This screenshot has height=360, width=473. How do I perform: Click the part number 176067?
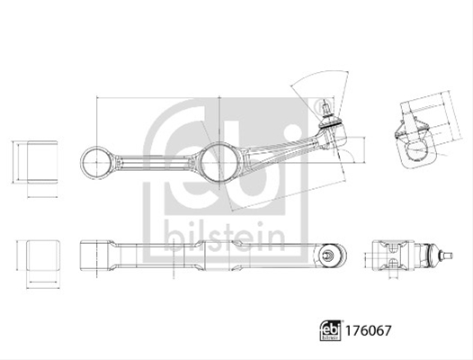coord(368,330)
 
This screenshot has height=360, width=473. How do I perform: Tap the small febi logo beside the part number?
coord(330,330)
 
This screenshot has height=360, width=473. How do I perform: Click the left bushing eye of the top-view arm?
coord(96,162)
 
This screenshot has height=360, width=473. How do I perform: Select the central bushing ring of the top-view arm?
coord(219,162)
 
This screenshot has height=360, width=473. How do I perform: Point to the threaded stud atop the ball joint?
coord(326,107)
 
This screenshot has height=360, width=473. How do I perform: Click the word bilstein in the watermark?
coord(225,236)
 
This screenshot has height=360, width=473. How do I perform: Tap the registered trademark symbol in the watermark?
coord(322,106)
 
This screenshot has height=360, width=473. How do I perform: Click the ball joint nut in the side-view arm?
coord(328,255)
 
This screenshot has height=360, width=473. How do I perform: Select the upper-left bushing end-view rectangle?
coord(42,162)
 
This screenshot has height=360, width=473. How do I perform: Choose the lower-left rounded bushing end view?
coord(42,255)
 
